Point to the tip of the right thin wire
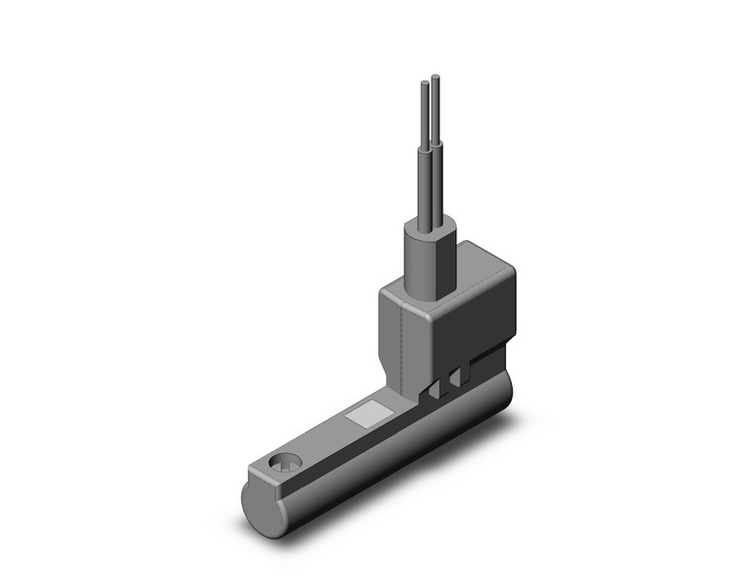(436, 75)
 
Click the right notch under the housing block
(455, 379)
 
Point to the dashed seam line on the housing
(400, 342)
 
